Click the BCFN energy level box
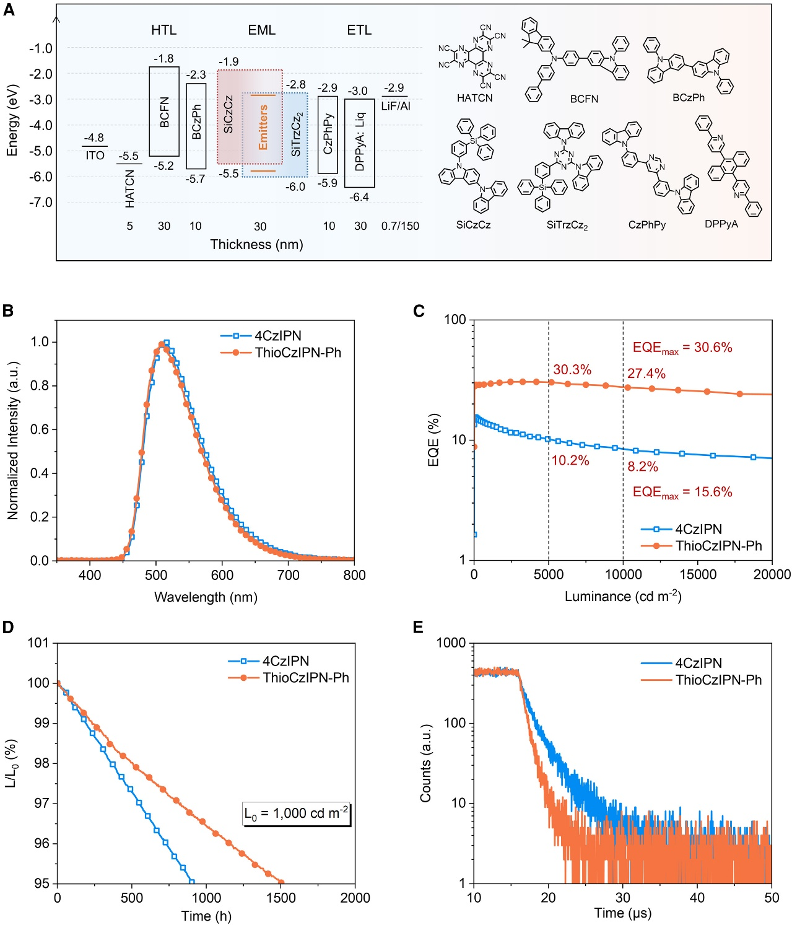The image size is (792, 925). (164, 112)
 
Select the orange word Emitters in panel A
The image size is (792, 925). (263, 128)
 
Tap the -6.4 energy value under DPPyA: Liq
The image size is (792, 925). (359, 197)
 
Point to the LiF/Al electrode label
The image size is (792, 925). (396, 106)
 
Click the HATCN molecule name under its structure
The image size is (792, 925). (475, 98)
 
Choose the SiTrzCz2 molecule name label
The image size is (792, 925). (567, 225)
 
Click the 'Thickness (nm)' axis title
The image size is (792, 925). (256, 244)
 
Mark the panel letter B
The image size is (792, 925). (8, 310)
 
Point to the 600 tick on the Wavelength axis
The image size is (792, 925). (222, 575)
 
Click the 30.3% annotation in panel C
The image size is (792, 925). (572, 370)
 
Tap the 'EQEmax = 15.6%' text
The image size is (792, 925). (682, 492)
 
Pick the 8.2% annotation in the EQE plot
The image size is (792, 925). (643, 467)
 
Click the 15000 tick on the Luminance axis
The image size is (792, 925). (698, 574)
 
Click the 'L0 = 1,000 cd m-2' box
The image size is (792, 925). (297, 813)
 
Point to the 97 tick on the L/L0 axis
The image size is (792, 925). (41, 803)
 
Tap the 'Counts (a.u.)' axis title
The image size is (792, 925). (425, 763)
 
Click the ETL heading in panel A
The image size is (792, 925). (359, 30)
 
